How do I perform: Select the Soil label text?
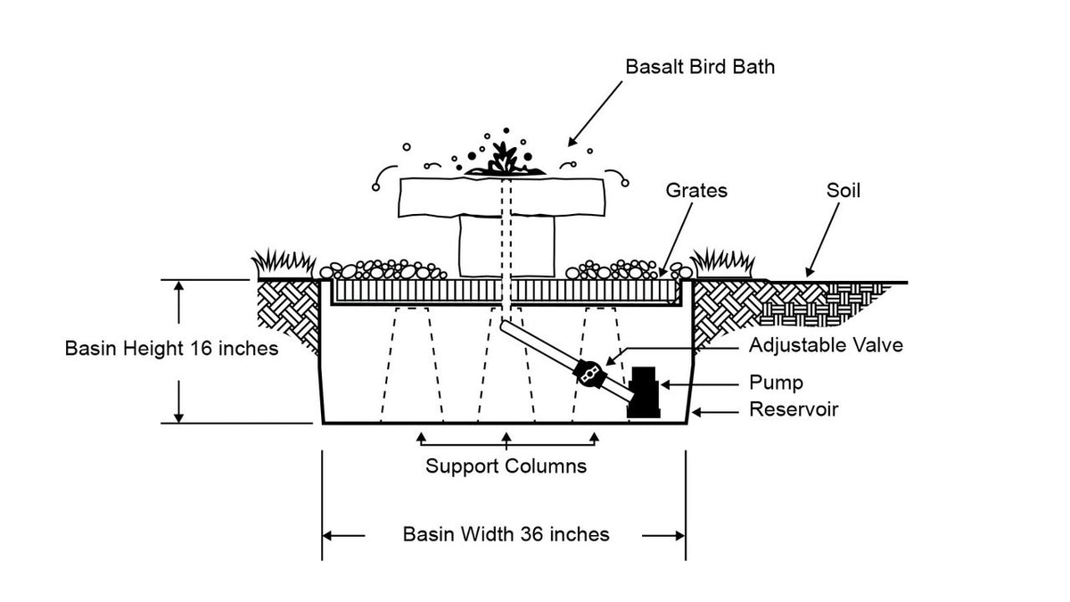pyautogui.click(x=843, y=190)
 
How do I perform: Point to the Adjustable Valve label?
pyautogui.click(x=826, y=345)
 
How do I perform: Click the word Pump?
pyautogui.click(x=776, y=383)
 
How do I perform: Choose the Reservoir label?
pyautogui.click(x=794, y=410)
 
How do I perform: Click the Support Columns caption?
pyautogui.click(x=506, y=466)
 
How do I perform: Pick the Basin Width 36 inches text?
pyautogui.click(x=506, y=534)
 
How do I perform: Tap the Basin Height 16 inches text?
pyautogui.click(x=172, y=349)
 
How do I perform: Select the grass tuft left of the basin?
pyautogui.click(x=284, y=264)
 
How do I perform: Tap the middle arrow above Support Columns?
pyautogui.click(x=506, y=438)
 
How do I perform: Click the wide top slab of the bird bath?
pyautogui.click(x=504, y=196)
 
